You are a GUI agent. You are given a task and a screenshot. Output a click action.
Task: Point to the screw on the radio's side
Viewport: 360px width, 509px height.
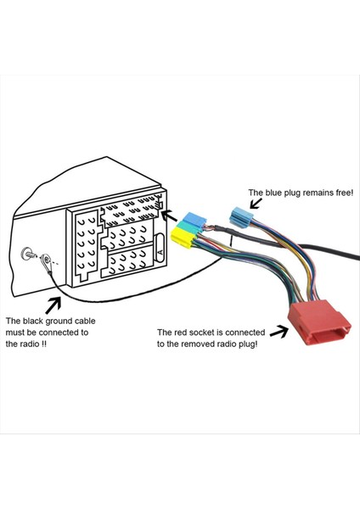click(29, 253)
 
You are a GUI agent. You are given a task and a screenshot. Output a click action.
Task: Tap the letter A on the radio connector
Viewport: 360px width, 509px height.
click(160, 253)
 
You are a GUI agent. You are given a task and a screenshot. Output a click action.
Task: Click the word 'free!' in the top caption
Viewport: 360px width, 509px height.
click(340, 193)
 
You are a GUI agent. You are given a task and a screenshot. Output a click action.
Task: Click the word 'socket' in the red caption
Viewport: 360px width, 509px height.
click(206, 332)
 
